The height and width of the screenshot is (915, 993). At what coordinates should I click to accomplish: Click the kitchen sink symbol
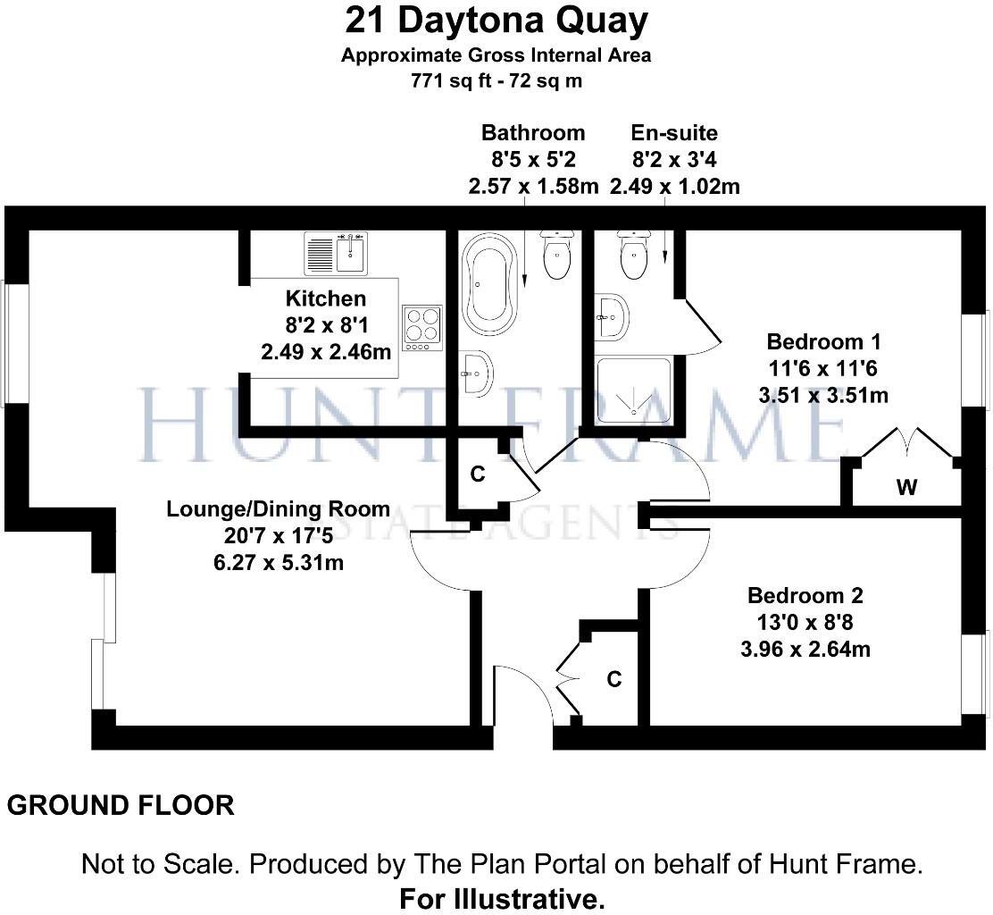[336, 253]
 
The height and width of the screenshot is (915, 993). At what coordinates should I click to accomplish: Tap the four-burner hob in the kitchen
[421, 328]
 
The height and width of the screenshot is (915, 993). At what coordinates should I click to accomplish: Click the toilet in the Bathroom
[557, 255]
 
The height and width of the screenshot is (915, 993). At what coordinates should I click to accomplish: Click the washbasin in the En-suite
[611, 317]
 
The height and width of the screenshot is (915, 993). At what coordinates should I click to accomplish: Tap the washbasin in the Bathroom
[476, 374]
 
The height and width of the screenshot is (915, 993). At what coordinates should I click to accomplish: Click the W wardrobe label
[907, 487]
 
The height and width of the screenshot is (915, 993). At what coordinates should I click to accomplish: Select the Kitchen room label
[326, 298]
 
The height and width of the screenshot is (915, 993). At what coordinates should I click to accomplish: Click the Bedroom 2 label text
[805, 596]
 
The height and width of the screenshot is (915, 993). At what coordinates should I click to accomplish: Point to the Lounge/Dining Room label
[278, 508]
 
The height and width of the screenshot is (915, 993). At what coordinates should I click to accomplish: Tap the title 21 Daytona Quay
[496, 21]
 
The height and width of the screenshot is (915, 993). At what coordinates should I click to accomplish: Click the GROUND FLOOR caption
[121, 805]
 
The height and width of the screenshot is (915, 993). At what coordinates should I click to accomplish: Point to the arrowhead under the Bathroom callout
[524, 280]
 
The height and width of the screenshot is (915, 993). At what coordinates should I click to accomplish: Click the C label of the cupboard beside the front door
[613, 679]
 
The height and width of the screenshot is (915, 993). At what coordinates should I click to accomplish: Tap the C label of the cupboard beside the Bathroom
[478, 474]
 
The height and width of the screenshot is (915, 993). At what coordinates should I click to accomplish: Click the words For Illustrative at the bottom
[502, 899]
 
